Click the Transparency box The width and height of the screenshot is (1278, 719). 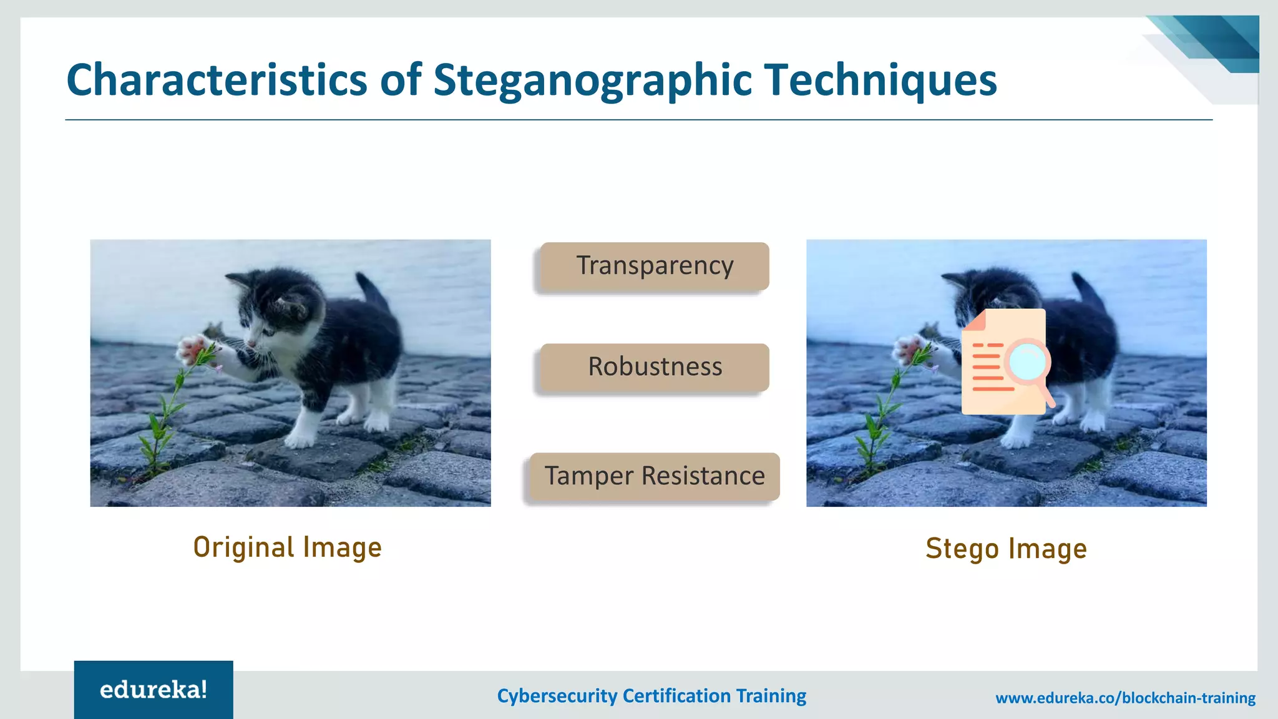point(654,267)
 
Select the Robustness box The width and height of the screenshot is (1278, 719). point(654,368)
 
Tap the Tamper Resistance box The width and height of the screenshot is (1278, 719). point(654,476)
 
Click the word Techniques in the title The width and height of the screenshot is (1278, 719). point(880,81)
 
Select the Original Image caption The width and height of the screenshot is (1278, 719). point(287,548)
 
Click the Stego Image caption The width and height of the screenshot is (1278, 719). point(1006,549)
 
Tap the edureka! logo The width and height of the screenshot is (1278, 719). point(154,690)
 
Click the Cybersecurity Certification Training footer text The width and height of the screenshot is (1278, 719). point(651,696)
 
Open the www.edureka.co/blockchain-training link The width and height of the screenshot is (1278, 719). point(1125,698)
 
